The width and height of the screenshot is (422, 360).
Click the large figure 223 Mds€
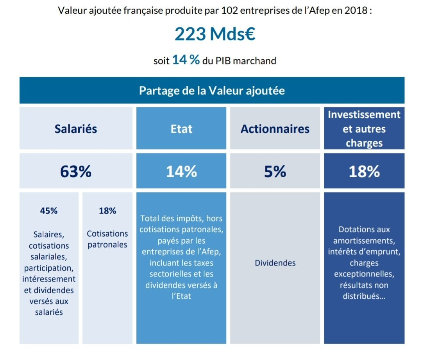215,34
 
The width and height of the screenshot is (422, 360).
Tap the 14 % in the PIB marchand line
186,60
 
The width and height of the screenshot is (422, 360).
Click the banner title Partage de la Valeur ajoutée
212,91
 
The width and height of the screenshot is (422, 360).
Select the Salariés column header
76,128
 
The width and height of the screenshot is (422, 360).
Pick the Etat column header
181,129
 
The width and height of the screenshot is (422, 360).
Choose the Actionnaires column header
275,129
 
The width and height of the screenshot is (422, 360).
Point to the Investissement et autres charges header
364,129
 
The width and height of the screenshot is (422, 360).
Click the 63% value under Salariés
76,171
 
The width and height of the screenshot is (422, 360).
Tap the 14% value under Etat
181,171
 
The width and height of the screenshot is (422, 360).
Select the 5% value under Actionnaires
275,171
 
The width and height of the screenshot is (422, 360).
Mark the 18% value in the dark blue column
364,171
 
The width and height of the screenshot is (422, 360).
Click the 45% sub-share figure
49,211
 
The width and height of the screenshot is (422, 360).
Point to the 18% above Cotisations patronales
107,211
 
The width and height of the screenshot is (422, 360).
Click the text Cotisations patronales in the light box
107,239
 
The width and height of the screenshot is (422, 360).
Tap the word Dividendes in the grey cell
275,263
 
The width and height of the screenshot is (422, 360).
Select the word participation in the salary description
49,268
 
